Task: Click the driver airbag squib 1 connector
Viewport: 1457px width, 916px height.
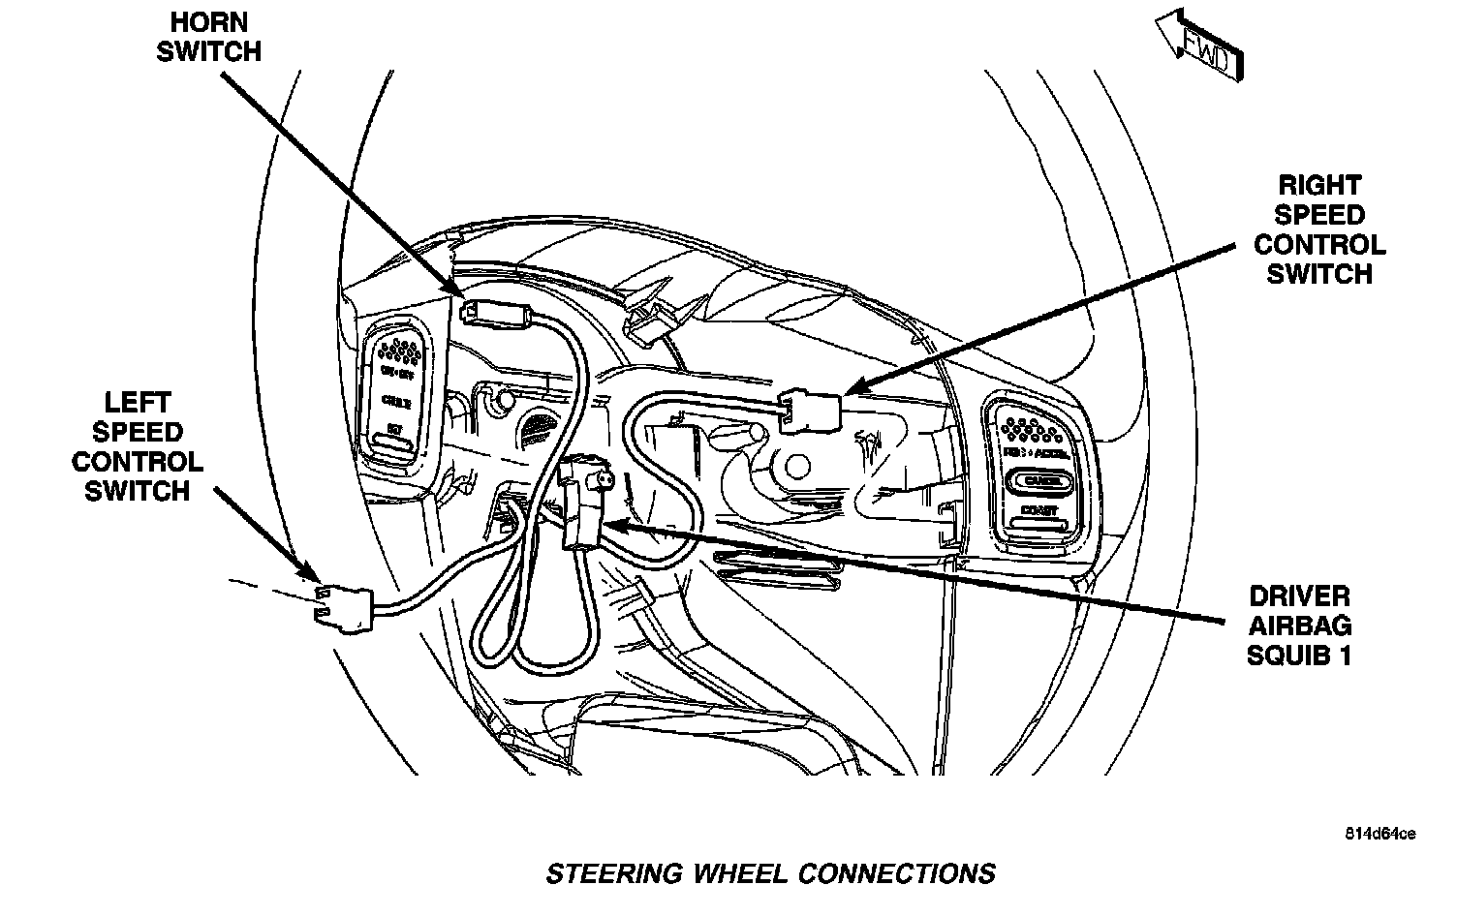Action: click(580, 504)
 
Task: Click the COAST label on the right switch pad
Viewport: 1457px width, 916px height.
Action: click(1038, 510)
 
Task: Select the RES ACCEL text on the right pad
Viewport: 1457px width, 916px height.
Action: click(1038, 452)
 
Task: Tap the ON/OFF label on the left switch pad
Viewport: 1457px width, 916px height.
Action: click(394, 373)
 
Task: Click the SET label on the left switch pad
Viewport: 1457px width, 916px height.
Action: click(394, 427)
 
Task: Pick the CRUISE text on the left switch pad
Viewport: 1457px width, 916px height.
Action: click(395, 400)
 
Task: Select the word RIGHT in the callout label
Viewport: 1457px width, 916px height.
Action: click(1319, 185)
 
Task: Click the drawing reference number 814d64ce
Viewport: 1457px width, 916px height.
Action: click(1379, 835)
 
